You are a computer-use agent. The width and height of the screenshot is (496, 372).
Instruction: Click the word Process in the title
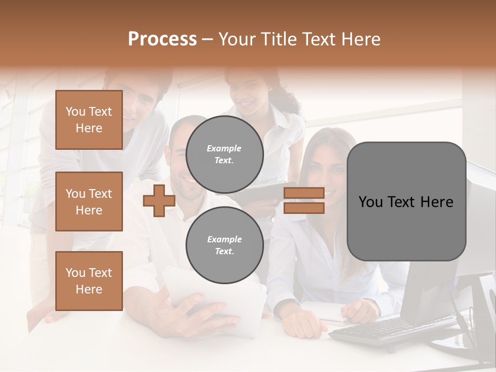(x=162, y=39)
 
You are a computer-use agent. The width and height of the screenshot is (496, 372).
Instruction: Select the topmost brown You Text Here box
(x=89, y=120)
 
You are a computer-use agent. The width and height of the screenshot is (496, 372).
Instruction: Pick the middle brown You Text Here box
(x=89, y=202)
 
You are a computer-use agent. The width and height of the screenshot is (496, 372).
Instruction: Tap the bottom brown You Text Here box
(x=89, y=281)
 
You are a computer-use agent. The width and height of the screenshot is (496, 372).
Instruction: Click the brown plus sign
(x=159, y=200)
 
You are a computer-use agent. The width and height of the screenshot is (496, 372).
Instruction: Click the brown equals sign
(x=304, y=200)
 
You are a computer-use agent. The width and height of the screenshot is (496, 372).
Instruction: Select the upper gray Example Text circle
(x=224, y=154)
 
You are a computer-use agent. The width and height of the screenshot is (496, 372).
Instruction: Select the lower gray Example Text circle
(x=224, y=245)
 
